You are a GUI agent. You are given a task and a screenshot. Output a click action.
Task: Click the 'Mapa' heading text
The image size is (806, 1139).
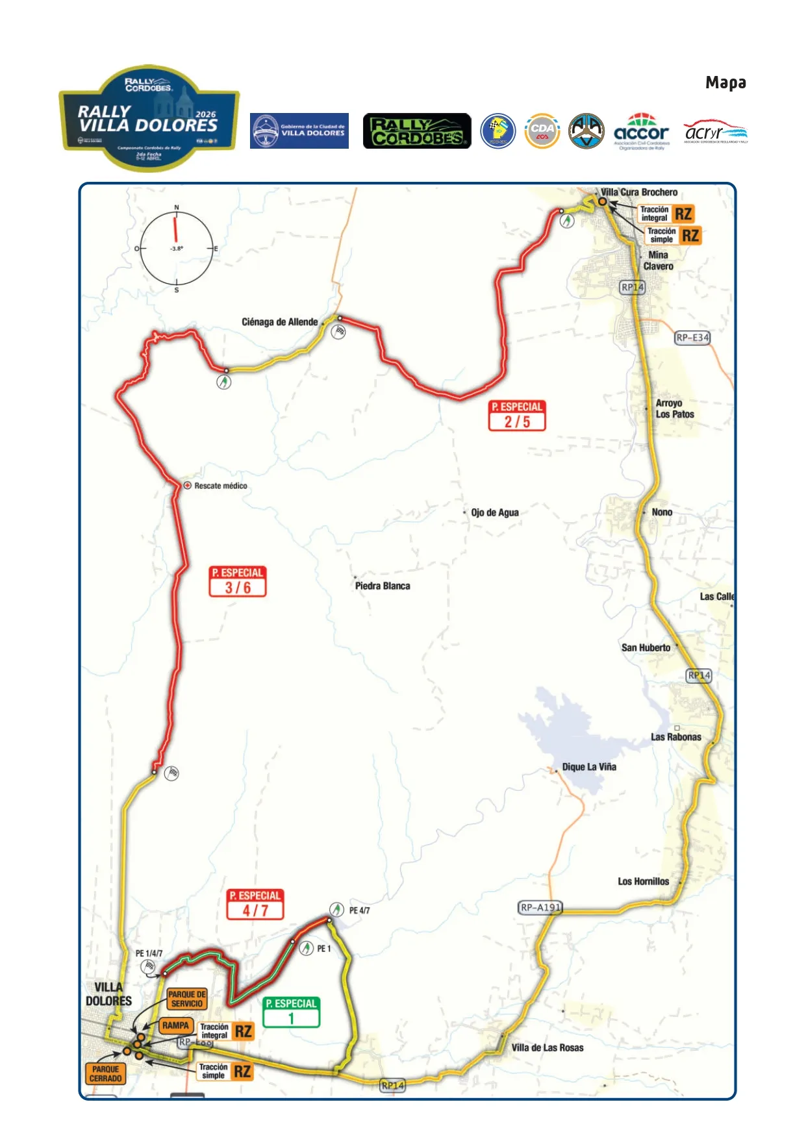pos(725,82)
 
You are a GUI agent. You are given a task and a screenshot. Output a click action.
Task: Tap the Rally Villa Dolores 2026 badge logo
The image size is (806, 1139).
pos(149,118)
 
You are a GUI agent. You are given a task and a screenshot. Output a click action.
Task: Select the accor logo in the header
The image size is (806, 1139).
pos(641,132)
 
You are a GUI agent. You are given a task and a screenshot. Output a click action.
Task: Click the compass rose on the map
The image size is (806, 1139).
pos(176,249)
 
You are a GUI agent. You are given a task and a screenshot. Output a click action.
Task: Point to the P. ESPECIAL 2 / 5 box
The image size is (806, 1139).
pos(517,416)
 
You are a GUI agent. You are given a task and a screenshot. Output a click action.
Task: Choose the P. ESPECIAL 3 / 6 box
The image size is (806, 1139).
pos(238,581)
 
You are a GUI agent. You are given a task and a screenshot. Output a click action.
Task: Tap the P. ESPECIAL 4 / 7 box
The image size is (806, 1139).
pos(255,904)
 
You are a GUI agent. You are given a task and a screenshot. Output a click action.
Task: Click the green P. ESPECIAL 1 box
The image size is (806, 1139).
pos(292,1012)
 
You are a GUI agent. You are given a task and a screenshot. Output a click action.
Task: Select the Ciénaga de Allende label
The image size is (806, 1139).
pos(279,322)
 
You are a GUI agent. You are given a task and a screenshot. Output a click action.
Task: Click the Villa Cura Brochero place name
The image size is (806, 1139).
pos(639,192)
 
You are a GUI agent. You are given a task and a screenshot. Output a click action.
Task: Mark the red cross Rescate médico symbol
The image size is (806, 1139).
pos(188,485)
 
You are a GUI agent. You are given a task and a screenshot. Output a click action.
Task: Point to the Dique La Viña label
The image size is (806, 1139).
pos(588,767)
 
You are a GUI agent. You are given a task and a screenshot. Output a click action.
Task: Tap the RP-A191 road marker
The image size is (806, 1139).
pos(540,907)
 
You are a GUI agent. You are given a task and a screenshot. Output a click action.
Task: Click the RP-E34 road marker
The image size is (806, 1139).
pos(692,338)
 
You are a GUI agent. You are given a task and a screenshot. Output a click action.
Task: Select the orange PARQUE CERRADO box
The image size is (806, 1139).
pos(105,1073)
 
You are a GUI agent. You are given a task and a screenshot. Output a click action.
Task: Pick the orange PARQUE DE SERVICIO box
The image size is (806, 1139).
pos(187,999)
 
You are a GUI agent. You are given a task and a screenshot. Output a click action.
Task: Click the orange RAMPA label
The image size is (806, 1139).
pos(175,1025)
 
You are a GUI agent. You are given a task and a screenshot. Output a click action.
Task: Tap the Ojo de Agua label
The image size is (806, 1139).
pos(495,512)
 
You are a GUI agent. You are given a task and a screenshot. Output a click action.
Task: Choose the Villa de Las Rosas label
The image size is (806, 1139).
pos(547,1047)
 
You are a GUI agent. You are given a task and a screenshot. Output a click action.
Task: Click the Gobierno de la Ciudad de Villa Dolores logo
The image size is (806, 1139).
pos(299,131)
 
